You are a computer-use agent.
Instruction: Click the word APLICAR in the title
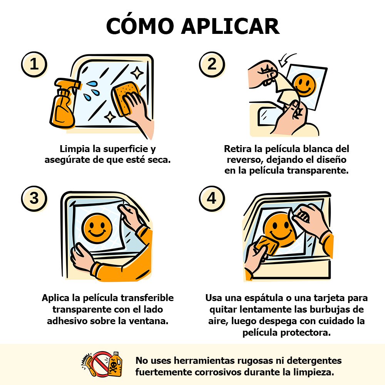(230, 26)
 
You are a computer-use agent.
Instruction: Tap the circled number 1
(34, 64)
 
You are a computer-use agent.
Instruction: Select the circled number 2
(212, 64)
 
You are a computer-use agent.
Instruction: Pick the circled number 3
(34, 198)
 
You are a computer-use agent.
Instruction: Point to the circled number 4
(212, 198)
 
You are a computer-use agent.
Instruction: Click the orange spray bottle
(64, 103)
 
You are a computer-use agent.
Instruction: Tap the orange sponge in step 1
(124, 98)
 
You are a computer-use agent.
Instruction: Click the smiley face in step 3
(97, 228)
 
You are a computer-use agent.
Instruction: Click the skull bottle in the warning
(115, 364)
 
